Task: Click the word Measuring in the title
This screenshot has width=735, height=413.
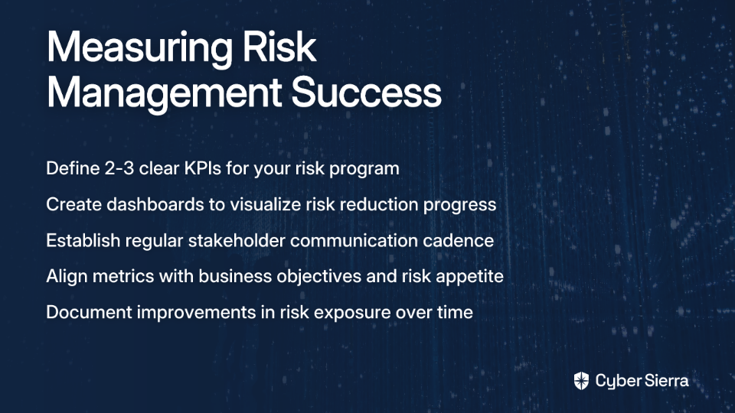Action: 139,49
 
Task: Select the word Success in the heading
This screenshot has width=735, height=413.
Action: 367,93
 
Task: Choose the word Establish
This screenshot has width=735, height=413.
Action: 83,240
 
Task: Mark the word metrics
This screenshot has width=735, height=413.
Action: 123,276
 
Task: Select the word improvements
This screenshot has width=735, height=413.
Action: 197,313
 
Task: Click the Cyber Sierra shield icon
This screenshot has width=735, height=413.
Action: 581,381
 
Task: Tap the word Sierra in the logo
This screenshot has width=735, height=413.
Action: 665,380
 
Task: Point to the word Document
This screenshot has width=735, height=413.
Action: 89,312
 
